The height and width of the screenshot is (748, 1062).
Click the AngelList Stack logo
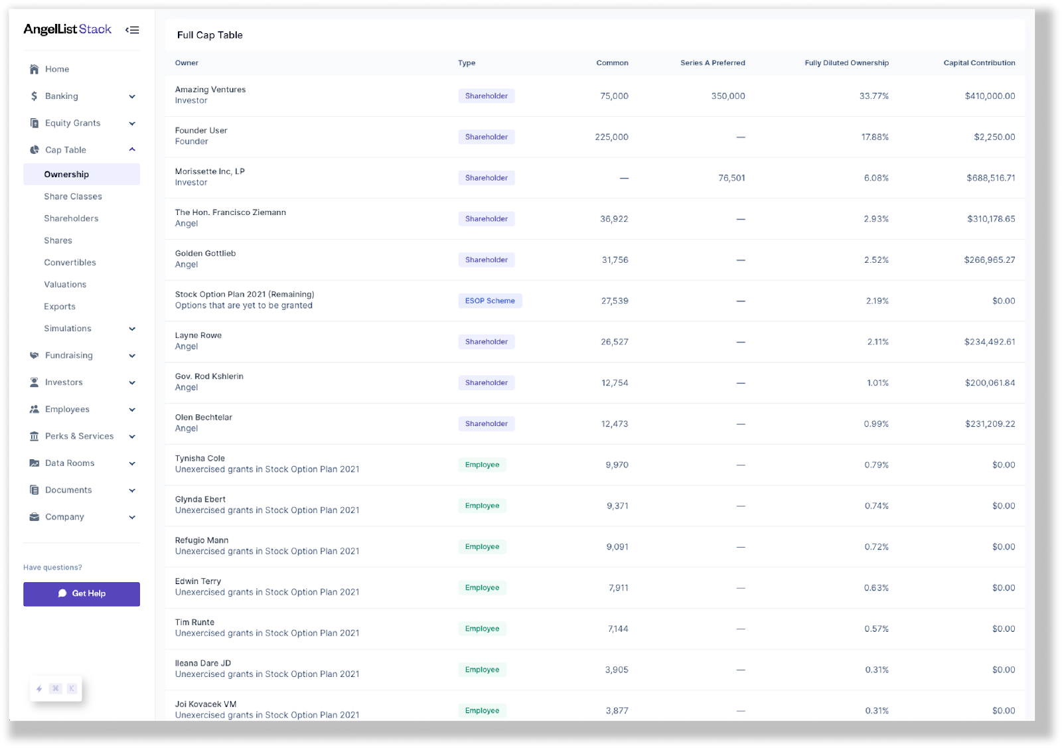pyautogui.click(x=67, y=29)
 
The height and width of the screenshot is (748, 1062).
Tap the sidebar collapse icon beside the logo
pyautogui.click(x=132, y=30)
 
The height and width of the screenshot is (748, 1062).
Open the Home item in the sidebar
pyautogui.click(x=57, y=69)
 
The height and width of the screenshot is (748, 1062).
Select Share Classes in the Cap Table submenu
pyautogui.click(x=73, y=196)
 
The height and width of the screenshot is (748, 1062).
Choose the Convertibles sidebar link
pyautogui.click(x=70, y=262)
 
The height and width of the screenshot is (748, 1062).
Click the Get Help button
pyautogui.click(x=82, y=593)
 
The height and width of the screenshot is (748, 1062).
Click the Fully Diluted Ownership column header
pyautogui.click(x=846, y=63)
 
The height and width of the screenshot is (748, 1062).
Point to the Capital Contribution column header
pyautogui.click(x=979, y=63)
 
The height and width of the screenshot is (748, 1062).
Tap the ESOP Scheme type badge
pyautogui.click(x=490, y=301)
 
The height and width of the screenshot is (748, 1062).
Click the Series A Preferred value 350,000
pyautogui.click(x=727, y=96)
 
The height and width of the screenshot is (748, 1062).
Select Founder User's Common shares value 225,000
pyautogui.click(x=611, y=137)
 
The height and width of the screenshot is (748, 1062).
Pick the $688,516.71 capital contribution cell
pyautogui.click(x=990, y=178)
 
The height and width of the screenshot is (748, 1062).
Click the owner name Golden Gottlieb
pyautogui.click(x=205, y=254)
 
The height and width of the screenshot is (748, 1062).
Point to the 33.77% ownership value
pyautogui.click(x=873, y=96)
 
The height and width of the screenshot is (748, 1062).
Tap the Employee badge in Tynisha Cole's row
pyautogui.click(x=482, y=465)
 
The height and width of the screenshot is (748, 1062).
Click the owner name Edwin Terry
pyautogui.click(x=198, y=581)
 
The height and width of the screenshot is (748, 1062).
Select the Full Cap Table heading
pyautogui.click(x=210, y=35)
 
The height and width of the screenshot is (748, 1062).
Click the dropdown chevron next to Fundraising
pyautogui.click(x=132, y=356)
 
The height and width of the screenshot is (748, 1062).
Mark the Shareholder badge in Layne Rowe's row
pyautogui.click(x=486, y=342)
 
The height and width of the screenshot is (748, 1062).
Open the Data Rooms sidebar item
pyautogui.click(x=70, y=463)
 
